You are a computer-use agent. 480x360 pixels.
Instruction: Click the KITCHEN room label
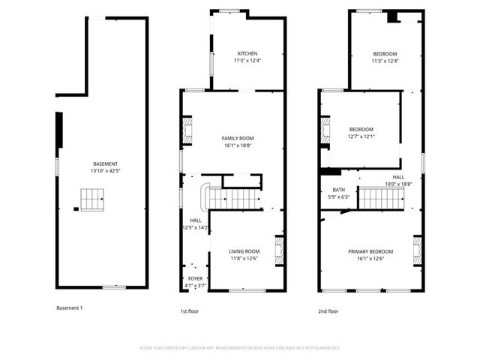(247, 54)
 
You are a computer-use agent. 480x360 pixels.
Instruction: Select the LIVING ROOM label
(244, 251)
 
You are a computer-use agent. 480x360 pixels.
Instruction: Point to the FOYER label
(195, 279)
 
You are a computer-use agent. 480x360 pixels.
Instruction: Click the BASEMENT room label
(105, 164)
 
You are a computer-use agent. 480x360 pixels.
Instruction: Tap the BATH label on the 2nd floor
(329, 190)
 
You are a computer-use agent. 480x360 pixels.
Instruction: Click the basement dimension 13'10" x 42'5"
(105, 172)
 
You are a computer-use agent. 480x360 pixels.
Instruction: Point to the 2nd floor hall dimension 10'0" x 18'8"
(399, 184)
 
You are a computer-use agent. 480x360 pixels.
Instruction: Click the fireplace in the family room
(188, 130)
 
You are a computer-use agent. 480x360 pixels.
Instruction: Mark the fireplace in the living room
(278, 249)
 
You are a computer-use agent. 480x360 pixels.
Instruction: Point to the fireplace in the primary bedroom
(418, 249)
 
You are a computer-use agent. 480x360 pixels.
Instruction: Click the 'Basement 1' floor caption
(70, 308)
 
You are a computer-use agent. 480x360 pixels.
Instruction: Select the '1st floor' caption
(189, 311)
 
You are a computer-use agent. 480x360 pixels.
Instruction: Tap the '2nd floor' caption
(328, 311)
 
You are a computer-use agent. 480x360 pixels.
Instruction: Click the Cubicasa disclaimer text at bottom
(240, 348)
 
